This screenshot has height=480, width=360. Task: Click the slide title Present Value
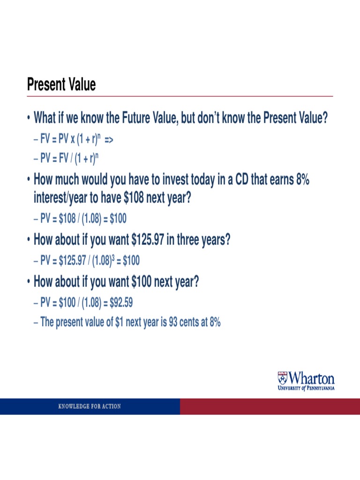pos(61,85)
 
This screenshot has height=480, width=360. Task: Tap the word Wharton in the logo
pos(311,378)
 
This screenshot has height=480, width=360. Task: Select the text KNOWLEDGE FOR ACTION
pos(90,406)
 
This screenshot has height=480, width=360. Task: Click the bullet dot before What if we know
pos(29,119)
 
